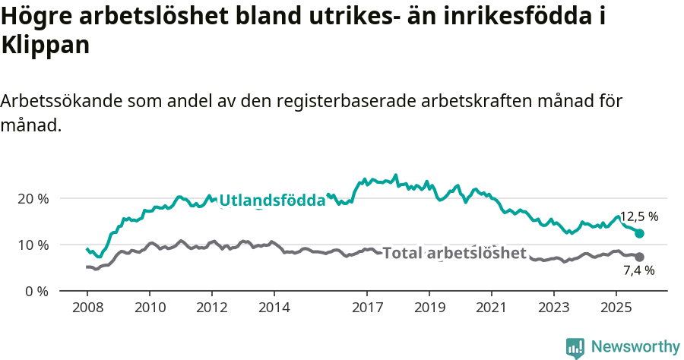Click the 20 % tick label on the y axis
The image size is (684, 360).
coord(32,198)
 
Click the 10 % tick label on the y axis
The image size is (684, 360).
coord(32,245)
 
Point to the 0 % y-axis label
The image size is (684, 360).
coord(35,291)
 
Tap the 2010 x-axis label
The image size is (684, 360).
coord(149,308)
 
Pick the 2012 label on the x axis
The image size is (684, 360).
coord(211,308)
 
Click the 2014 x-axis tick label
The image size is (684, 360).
coord(274,308)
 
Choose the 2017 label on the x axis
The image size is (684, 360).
coord(367,308)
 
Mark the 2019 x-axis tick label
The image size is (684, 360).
coord(429,308)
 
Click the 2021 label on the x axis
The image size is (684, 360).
coord(491,308)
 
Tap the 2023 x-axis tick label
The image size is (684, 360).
coord(553,308)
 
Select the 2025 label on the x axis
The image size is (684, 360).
coord(616,308)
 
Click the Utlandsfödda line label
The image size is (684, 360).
coord(272,201)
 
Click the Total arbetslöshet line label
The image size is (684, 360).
coord(454,253)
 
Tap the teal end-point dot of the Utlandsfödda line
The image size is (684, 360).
coord(639,234)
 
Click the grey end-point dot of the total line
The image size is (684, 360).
coord(639,257)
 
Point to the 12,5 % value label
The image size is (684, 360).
coord(638,216)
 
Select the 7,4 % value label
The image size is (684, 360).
coord(638,270)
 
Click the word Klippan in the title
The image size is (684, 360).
coord(46,45)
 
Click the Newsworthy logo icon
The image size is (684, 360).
coord(575,348)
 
